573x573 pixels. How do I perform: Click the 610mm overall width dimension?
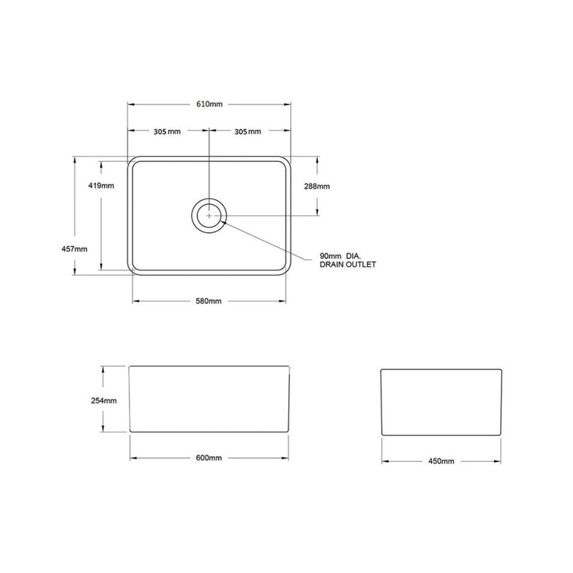point(209,104)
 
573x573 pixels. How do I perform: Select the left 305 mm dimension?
point(167,131)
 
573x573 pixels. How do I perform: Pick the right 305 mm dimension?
point(247,131)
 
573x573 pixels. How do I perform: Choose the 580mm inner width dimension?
point(209,301)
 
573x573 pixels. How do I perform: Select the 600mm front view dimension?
point(209,458)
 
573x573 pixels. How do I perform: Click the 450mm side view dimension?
point(441,461)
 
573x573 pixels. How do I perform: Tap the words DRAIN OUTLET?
point(347,264)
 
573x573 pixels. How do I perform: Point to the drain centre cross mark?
point(209,215)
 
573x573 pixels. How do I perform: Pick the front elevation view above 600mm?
point(209,399)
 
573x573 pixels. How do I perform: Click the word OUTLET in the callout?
point(361,264)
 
